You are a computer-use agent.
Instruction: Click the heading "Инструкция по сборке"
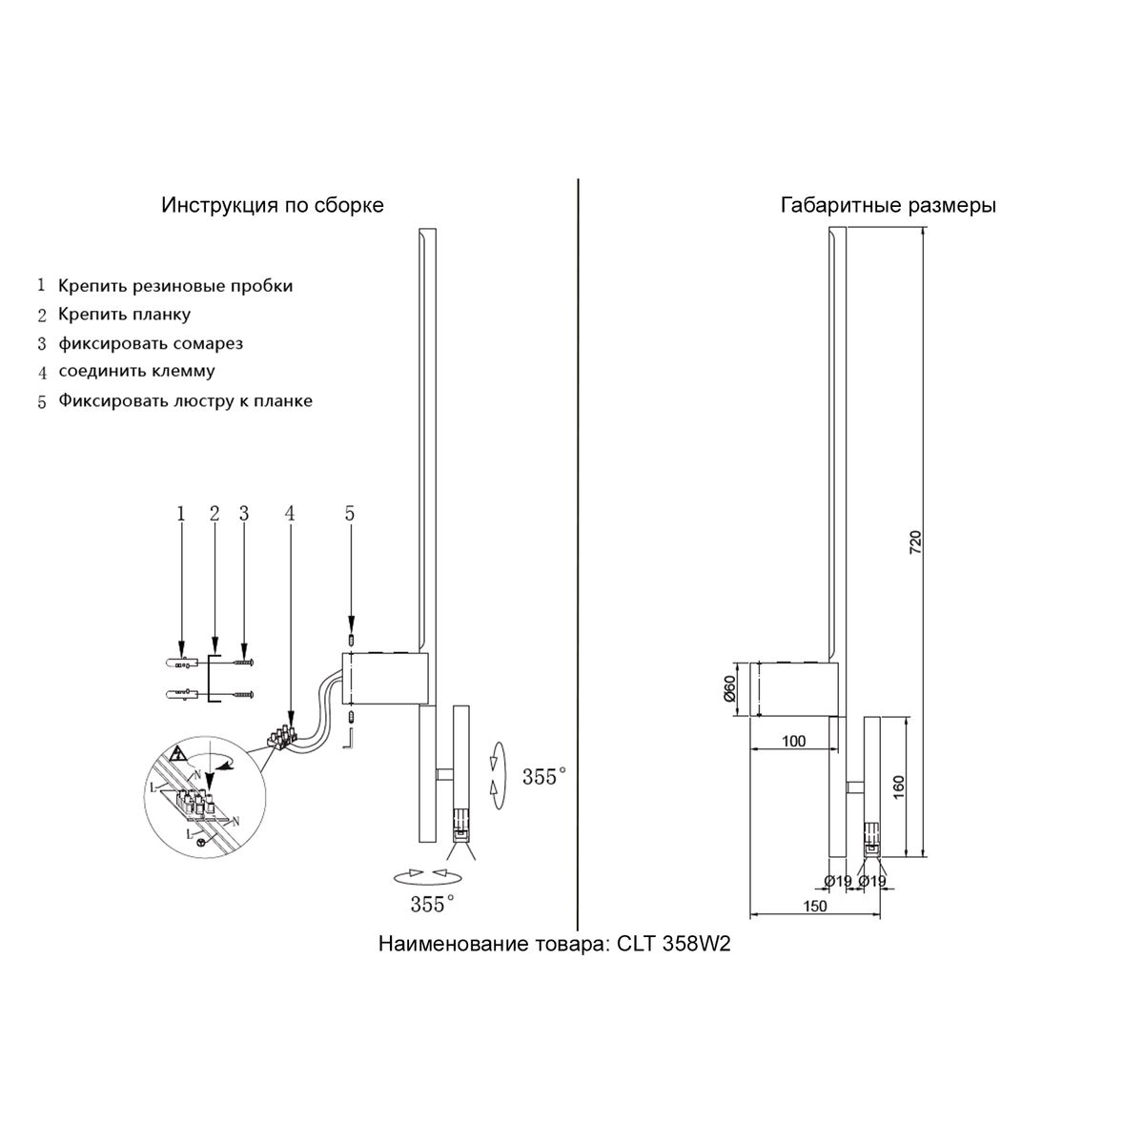pyautogui.click(x=273, y=205)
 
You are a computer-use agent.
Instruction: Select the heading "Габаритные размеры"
pyautogui.click(x=888, y=205)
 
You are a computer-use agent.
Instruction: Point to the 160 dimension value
pyautogui.click(x=898, y=786)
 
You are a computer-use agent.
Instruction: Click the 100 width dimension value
pyautogui.click(x=793, y=741)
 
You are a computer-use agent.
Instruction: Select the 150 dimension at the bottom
pyautogui.click(x=814, y=907)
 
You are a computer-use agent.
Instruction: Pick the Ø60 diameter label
pyautogui.click(x=729, y=689)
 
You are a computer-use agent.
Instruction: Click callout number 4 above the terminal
pyautogui.click(x=290, y=513)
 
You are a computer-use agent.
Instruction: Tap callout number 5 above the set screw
pyautogui.click(x=350, y=513)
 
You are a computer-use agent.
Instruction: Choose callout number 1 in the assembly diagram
pyautogui.click(x=180, y=513)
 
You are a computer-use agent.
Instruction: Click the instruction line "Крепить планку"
pyautogui.click(x=124, y=314)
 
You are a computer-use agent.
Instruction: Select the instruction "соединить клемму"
pyautogui.click(x=136, y=371)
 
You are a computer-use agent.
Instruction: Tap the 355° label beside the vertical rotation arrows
pyautogui.click(x=543, y=777)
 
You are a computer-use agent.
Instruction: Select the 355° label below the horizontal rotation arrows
pyautogui.click(x=432, y=904)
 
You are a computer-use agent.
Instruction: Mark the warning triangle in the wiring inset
pyautogui.click(x=176, y=754)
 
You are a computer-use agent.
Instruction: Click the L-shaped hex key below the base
pyautogui.click(x=350, y=739)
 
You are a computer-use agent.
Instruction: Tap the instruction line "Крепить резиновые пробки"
pyautogui.click(x=175, y=285)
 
